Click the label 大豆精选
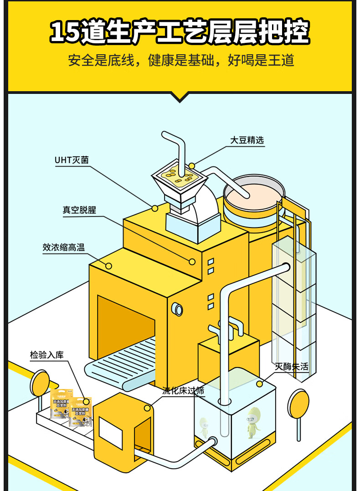click(247, 140)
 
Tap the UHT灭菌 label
click(72, 160)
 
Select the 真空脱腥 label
click(79, 210)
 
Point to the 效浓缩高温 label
click(64, 248)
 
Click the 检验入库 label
click(47, 355)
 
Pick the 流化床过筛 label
click(184, 391)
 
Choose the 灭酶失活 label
click(292, 367)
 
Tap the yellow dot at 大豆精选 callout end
click(192, 166)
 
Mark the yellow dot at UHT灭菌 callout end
click(155, 208)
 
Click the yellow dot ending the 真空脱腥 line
click(192, 262)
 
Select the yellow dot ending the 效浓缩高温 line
click(108, 266)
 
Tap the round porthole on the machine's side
click(177, 309)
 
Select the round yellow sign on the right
click(298, 403)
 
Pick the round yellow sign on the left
click(40, 382)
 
